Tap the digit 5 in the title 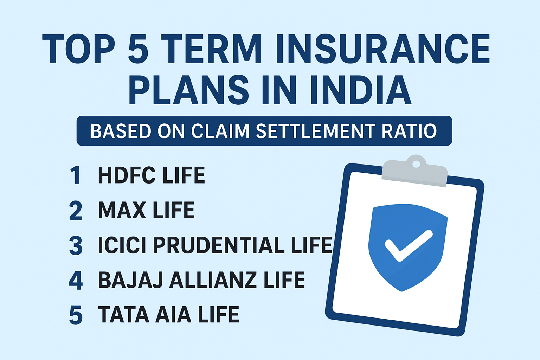[139, 49]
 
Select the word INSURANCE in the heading [383, 49]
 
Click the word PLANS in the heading [188, 90]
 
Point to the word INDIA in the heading [361, 90]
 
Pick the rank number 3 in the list [76, 246]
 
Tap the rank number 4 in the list [76, 281]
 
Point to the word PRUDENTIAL [219, 245]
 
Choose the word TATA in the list [123, 314]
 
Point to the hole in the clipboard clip [416, 164]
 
